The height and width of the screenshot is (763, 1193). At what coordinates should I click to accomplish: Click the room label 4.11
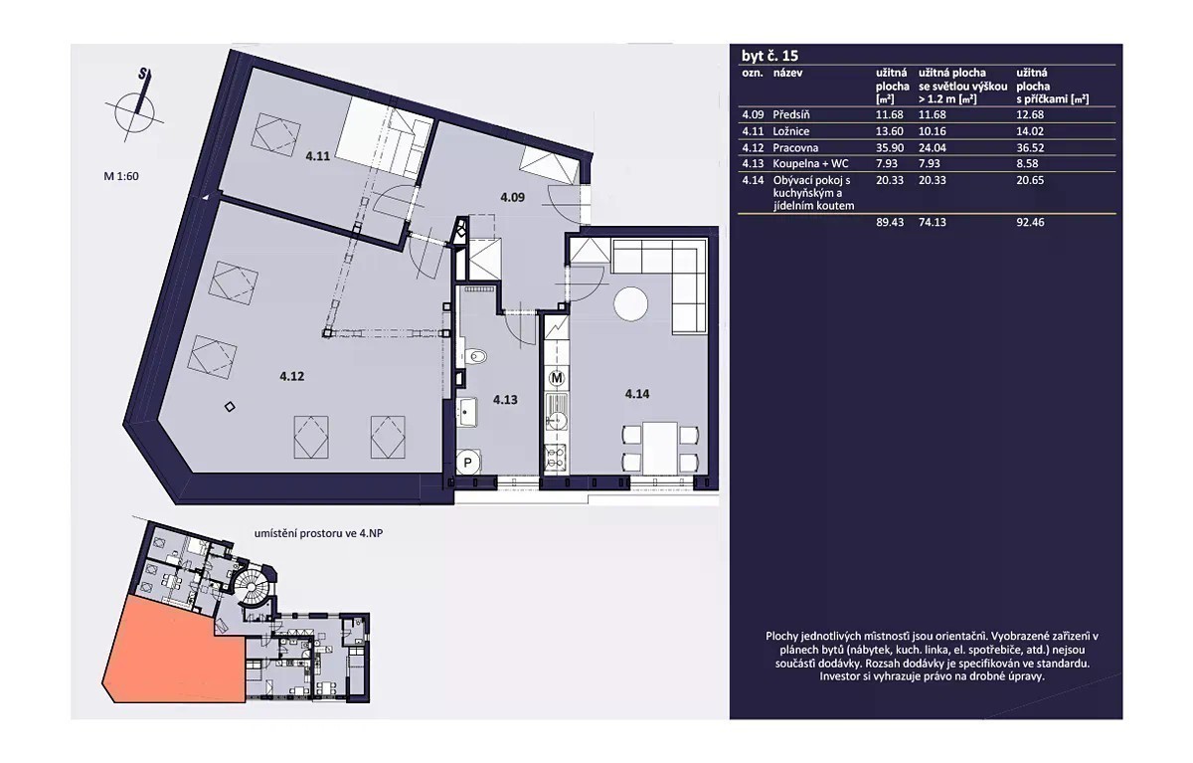[x=318, y=156]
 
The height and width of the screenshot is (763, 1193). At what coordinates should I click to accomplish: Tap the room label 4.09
[x=512, y=197]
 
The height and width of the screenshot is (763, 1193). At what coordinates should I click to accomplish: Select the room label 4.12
[x=292, y=376]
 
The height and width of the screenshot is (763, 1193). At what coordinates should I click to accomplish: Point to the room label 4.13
[x=505, y=400]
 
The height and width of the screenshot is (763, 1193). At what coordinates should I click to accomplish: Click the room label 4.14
[x=637, y=394]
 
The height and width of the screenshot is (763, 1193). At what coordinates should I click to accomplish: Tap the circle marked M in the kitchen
[x=557, y=378]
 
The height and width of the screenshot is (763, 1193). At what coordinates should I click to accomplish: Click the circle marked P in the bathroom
[x=467, y=463]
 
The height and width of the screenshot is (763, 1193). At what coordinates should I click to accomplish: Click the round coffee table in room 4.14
[x=630, y=304]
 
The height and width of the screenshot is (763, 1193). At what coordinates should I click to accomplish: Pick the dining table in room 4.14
[x=660, y=449]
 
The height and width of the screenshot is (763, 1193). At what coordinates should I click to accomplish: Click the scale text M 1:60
[x=121, y=176]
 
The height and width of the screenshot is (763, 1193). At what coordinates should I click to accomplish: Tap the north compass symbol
[x=135, y=109]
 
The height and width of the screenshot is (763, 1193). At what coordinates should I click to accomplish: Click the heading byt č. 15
[x=769, y=56]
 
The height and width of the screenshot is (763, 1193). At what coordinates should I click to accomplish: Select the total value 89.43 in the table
[x=890, y=222]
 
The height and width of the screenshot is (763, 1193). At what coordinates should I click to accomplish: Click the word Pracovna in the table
[x=795, y=147]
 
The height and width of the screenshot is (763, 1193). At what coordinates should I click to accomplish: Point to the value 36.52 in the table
[x=1030, y=147]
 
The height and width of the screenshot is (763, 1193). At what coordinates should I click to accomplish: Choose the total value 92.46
[x=1030, y=222]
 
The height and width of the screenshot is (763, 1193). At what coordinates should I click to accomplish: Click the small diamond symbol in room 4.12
[x=230, y=407]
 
